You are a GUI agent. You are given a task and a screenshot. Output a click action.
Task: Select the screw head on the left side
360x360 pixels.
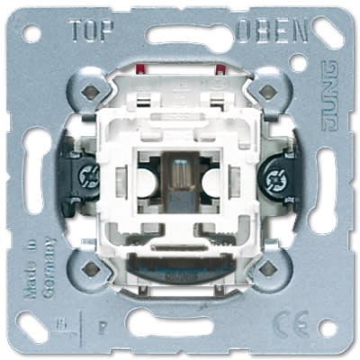tap(89, 176)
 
